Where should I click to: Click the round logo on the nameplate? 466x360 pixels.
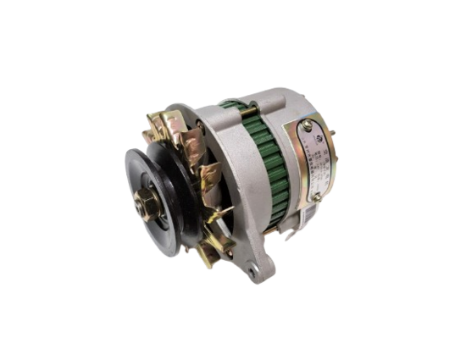(311, 136)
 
